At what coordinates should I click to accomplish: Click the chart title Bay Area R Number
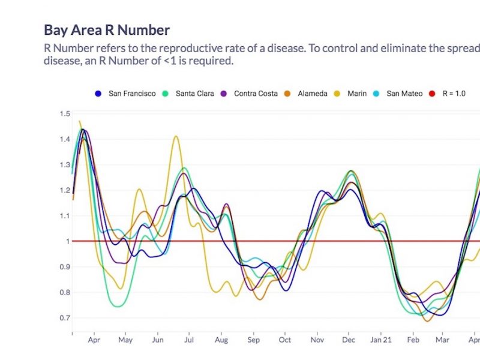[x=107, y=30]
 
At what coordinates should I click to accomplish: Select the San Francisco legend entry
[x=131, y=94]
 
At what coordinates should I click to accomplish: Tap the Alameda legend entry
[x=314, y=94]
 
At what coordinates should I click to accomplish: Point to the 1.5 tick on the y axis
[x=64, y=113]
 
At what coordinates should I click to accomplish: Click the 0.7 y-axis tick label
[x=64, y=317]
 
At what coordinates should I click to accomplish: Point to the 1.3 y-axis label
[x=64, y=164]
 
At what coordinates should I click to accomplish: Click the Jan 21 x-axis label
[x=380, y=340]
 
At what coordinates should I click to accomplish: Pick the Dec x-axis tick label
[x=348, y=340]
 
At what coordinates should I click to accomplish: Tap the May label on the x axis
[x=125, y=340]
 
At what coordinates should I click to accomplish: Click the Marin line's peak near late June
[x=176, y=136]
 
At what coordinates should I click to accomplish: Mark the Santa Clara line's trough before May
[x=118, y=307]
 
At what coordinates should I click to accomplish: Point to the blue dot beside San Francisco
[x=98, y=94]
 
